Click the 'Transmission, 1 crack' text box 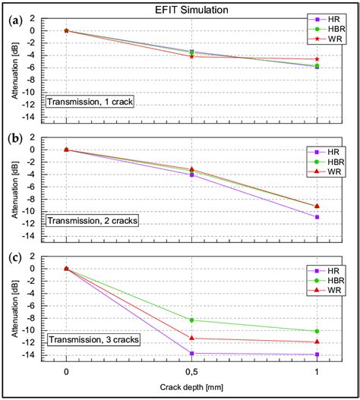[x=90, y=102]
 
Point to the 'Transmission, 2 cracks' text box [x=92, y=220]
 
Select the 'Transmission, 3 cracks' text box [x=92, y=339]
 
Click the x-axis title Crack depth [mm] [x=191, y=389]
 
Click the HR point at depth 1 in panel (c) [x=317, y=354]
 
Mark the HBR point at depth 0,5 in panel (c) [x=191, y=320]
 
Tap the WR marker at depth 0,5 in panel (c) [x=191, y=338]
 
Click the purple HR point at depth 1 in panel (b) [x=317, y=217]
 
